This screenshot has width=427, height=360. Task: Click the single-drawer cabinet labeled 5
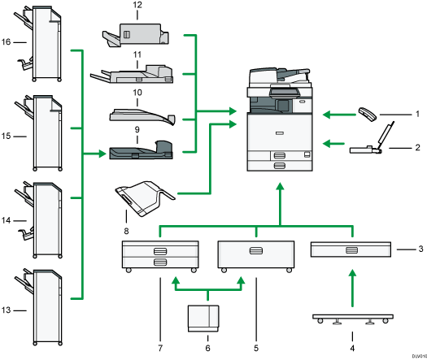click(x=255, y=254)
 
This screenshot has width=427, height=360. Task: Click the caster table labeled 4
click(x=352, y=317)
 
